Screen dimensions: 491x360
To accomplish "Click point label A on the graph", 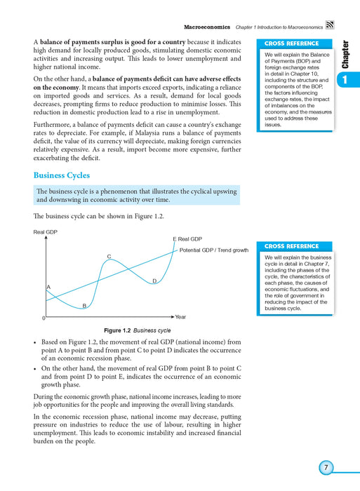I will click(x=48, y=288).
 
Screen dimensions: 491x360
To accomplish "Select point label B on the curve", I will click(x=84, y=306).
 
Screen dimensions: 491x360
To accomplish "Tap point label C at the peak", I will click(x=109, y=256).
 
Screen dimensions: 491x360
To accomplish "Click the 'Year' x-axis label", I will click(x=180, y=317).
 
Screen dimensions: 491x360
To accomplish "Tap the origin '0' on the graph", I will click(x=43, y=318).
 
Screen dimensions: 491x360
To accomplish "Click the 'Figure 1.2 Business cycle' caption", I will click(x=137, y=330).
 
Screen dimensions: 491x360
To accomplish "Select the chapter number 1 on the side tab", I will click(x=345, y=81).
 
